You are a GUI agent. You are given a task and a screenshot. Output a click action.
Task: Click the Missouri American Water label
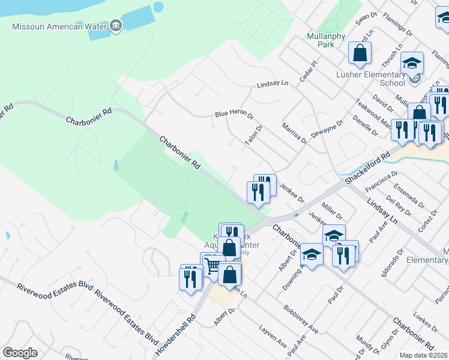(x=59, y=26)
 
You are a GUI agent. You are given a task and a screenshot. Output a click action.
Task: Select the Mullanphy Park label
(x=325, y=40)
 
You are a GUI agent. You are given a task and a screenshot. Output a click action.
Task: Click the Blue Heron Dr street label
(x=234, y=114)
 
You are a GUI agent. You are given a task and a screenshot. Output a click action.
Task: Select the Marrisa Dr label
(x=294, y=133)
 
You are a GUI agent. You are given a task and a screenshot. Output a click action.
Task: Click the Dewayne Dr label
(x=327, y=127)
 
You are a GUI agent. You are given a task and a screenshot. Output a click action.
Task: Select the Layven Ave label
(x=273, y=337)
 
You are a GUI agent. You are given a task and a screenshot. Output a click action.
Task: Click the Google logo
(x=20, y=353)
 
